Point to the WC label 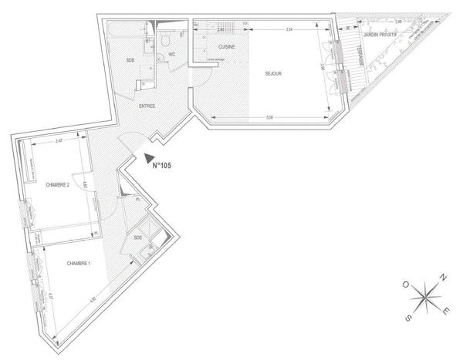click(173, 56)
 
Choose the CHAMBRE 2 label click(58, 185)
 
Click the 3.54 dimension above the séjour click(288, 29)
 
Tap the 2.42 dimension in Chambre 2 click(59, 141)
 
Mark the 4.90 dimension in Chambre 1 click(92, 300)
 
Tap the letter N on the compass click(443, 278)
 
